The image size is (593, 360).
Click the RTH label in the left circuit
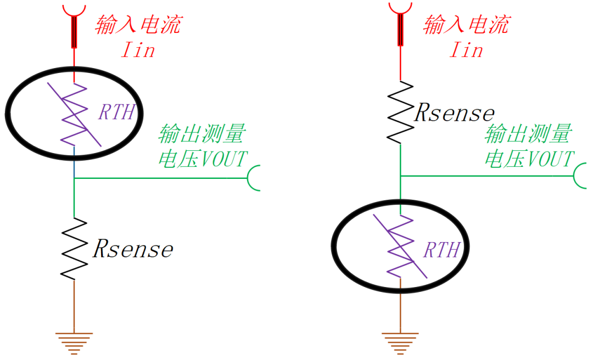tap(117, 112)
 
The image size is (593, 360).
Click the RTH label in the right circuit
tap(441, 250)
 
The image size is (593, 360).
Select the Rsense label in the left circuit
tap(133, 249)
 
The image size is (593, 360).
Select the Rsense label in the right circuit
tap(454, 113)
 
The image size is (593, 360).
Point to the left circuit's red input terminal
tap(74, 26)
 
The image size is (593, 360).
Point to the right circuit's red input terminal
tap(400, 25)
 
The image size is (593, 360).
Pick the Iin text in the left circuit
tap(138, 50)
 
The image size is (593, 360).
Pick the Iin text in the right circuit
tap(466, 50)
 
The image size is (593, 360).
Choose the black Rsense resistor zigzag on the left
tap(74, 249)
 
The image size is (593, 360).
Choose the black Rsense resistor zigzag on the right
tap(400, 113)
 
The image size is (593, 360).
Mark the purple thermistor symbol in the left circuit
tap(74, 114)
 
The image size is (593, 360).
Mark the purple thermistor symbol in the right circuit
tap(400, 246)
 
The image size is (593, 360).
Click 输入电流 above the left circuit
tap(138, 25)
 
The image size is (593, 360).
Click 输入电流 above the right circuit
tap(467, 25)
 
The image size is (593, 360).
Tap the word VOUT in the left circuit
tap(224, 159)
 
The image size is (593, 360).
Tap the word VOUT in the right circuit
tap(551, 159)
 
